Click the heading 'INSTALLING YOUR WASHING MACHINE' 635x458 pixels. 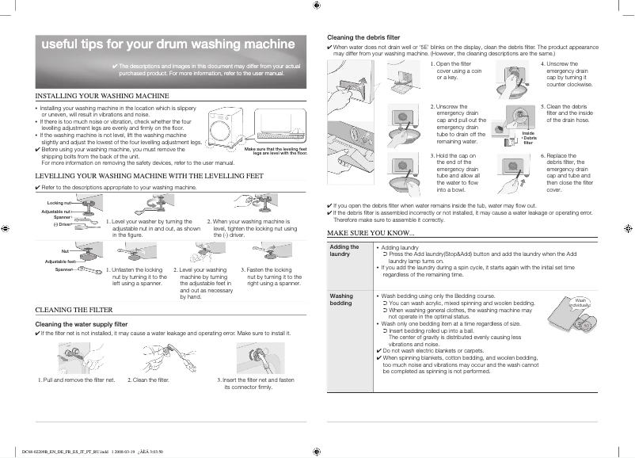(x=103, y=95)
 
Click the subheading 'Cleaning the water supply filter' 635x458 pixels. (x=82, y=324)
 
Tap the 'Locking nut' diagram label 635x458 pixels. (x=59, y=204)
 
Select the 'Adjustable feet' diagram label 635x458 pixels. (x=60, y=261)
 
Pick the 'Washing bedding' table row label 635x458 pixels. (x=341, y=300)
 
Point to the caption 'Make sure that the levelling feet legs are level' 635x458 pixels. (x=276, y=151)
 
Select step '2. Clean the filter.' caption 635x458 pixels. (x=149, y=380)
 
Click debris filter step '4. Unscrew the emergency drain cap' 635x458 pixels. (x=565, y=74)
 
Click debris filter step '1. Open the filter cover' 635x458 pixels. (x=450, y=71)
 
